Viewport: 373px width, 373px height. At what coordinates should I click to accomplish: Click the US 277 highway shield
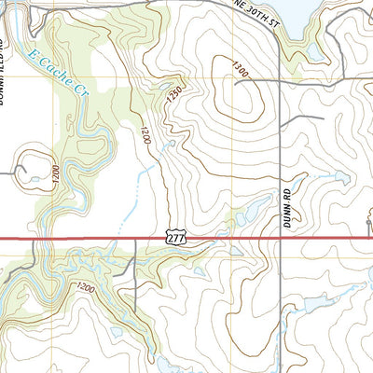tap(176, 239)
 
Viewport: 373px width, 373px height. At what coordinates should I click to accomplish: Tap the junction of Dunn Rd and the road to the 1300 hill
tap(281, 82)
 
